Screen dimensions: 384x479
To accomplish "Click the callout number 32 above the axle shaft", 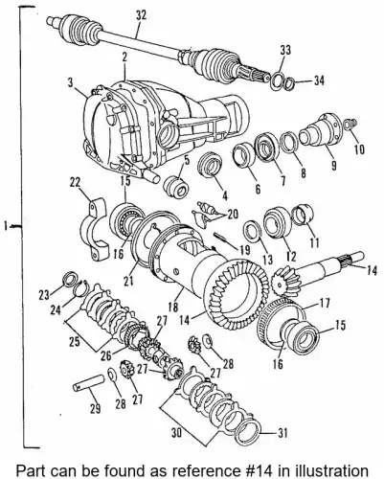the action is pyautogui.click(x=141, y=16).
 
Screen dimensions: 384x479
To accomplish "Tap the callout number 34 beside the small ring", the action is pyautogui.click(x=318, y=80).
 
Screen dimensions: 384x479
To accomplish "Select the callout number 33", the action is pyautogui.click(x=285, y=50).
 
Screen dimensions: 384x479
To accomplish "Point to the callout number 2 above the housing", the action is pyautogui.click(x=124, y=57).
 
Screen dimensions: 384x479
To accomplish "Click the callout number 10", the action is pyautogui.click(x=359, y=149).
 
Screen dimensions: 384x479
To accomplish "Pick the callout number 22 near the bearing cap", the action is pyautogui.click(x=76, y=183).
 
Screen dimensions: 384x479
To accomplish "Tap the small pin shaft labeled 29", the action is pyautogui.click(x=88, y=381).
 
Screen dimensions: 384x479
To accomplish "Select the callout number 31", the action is pyautogui.click(x=282, y=433).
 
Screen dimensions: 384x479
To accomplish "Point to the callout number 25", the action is pyautogui.click(x=76, y=342).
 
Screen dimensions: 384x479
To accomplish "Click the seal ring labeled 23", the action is pyautogui.click(x=67, y=279).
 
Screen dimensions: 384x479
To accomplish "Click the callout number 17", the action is pyautogui.click(x=325, y=303).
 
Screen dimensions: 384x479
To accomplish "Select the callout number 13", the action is pyautogui.click(x=267, y=259).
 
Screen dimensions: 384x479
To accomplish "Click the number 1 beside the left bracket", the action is pyautogui.click(x=6, y=226).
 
